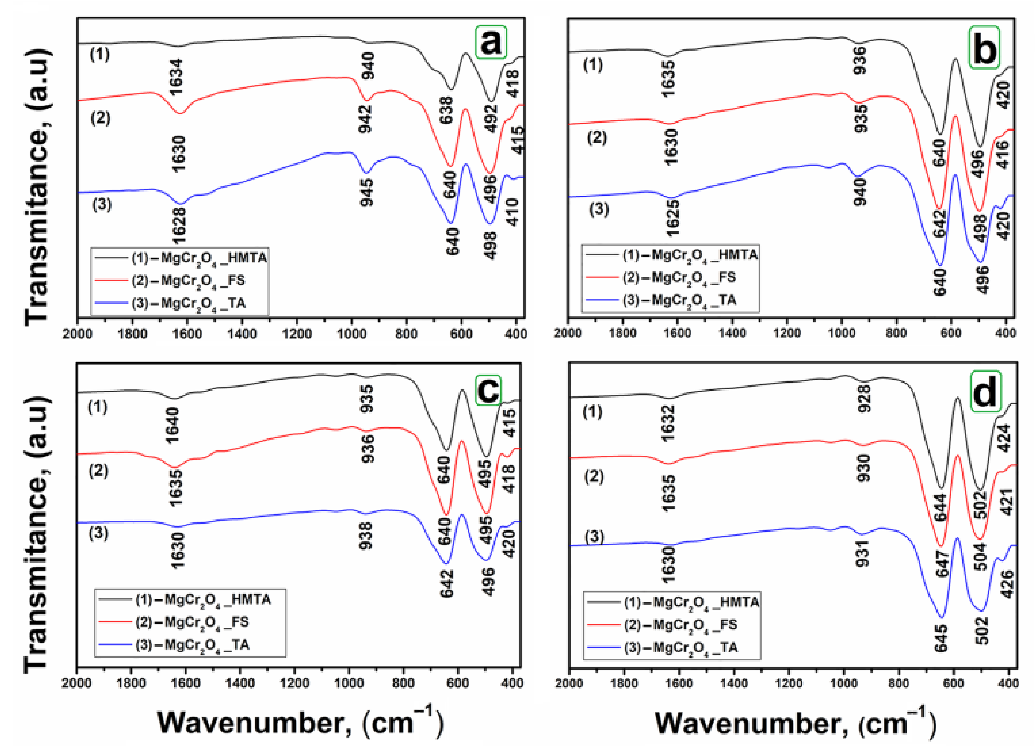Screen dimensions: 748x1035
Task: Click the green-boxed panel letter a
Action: [491, 43]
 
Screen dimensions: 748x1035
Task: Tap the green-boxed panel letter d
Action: [985, 391]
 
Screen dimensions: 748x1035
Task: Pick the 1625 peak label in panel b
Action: [673, 218]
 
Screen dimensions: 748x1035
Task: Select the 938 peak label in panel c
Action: [366, 536]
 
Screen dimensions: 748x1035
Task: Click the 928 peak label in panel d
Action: [864, 398]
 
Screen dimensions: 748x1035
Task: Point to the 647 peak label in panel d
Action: [942, 564]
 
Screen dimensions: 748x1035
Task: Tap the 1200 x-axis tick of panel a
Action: [297, 334]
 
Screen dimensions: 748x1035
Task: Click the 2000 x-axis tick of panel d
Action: [569, 683]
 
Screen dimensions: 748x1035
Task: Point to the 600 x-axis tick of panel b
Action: [951, 333]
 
